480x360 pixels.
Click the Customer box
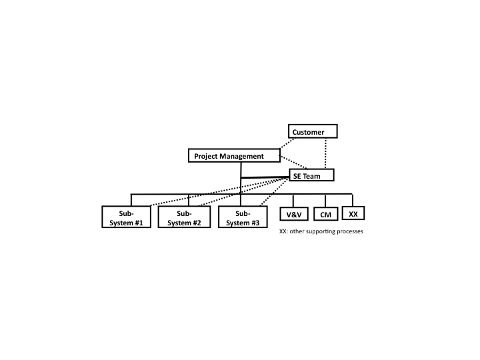coord(313,131)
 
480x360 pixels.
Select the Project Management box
coord(234,155)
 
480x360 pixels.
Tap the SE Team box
coord(311,175)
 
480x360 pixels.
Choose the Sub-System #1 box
coord(127,217)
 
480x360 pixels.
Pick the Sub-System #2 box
coord(184,217)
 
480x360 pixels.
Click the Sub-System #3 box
coord(243,217)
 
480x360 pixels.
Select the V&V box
coord(294,214)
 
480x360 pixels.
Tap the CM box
coord(326,214)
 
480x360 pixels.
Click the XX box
coord(353,213)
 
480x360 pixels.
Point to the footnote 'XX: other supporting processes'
coord(321,231)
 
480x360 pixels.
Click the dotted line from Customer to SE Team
coord(325,154)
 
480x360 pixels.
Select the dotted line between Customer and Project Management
coord(287,143)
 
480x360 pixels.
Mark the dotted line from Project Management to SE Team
coord(293,162)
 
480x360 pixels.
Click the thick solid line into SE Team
coord(265,177)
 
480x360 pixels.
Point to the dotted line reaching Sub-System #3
coord(274,192)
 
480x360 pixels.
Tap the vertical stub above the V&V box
coord(293,201)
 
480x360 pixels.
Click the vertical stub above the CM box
coord(325,201)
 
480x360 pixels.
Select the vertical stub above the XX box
coord(353,201)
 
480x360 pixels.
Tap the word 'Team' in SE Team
coord(311,176)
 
